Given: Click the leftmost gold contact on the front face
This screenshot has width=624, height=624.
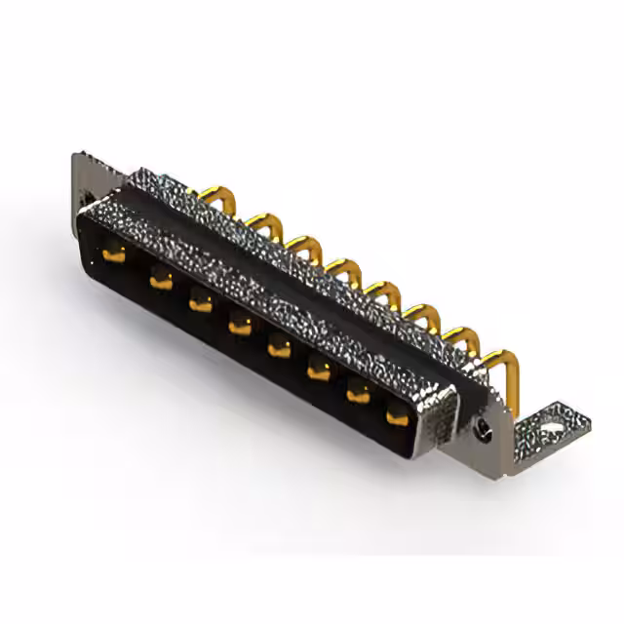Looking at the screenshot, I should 112,255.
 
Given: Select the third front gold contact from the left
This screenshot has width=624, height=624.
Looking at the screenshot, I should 200,302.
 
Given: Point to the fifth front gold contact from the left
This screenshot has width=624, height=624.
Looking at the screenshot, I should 280,343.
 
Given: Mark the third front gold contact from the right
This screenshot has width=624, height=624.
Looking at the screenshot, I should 319,367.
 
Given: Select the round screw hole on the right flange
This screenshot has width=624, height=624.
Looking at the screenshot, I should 482,427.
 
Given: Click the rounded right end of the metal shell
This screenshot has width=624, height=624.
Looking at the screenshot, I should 444,414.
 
